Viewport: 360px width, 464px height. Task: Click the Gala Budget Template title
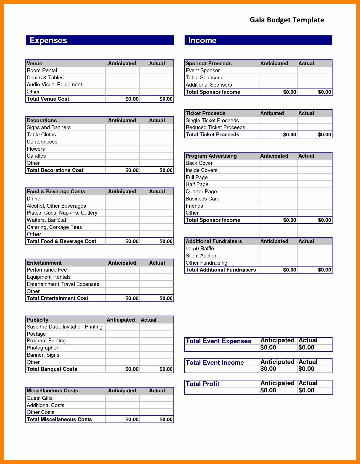287,20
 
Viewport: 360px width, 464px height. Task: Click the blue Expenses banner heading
48,40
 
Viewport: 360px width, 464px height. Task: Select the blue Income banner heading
202,40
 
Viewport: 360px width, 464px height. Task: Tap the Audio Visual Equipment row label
54,85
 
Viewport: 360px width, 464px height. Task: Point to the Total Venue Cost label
48,99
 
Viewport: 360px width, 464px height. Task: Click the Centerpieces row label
42,142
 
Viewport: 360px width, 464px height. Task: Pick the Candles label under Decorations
36,156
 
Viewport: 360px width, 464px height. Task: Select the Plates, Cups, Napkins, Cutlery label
62,213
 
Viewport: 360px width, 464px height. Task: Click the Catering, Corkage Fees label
54,227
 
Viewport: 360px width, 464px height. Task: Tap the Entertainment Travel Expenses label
63,284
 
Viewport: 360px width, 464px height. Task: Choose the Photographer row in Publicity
43,348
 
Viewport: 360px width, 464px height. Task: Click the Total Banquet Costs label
52,369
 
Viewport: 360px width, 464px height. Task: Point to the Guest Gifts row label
40,398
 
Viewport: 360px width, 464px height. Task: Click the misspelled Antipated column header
272,113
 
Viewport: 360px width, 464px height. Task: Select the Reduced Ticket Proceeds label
215,127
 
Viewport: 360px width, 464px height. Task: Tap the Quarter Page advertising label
201,192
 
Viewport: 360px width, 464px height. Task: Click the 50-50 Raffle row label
200,249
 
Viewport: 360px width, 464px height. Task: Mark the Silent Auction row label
201,256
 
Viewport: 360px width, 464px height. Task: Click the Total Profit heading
203,384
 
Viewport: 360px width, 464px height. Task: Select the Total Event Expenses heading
218,341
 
